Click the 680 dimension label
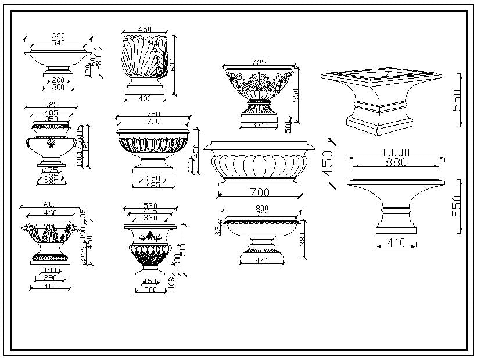59,36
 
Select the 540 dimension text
59,43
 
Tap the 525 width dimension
51,105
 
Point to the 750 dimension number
153,115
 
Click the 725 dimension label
260,62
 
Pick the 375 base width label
259,125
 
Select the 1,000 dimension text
396,153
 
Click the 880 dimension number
396,162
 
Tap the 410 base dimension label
396,243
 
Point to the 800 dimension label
261,208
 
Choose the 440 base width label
262,262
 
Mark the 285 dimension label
52,183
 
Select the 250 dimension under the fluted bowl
153,179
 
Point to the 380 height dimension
302,238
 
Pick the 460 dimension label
51,213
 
